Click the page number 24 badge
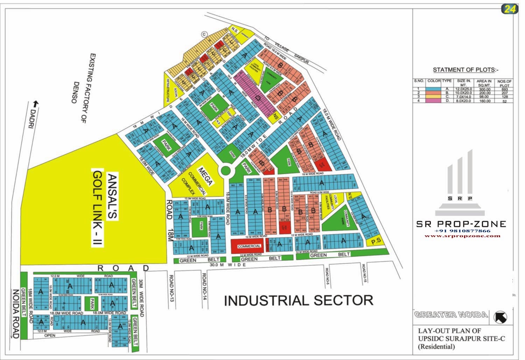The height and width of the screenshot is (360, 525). (510, 9)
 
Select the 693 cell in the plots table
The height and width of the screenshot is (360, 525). (504, 89)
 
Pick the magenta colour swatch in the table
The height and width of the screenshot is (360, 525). (434, 101)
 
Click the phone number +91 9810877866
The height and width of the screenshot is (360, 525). (462, 231)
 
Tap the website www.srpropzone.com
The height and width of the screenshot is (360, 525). (462, 236)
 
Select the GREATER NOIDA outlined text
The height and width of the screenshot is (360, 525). (451, 314)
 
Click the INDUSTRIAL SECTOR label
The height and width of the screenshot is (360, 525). (298, 300)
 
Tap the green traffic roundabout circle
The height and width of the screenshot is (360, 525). (226, 171)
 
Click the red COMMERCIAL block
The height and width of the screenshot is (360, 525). (249, 246)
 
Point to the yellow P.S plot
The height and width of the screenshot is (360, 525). (376, 241)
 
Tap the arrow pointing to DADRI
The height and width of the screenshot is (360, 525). (35, 104)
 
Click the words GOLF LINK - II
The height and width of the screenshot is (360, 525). (98, 209)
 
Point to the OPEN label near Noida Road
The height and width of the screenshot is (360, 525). (50, 335)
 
